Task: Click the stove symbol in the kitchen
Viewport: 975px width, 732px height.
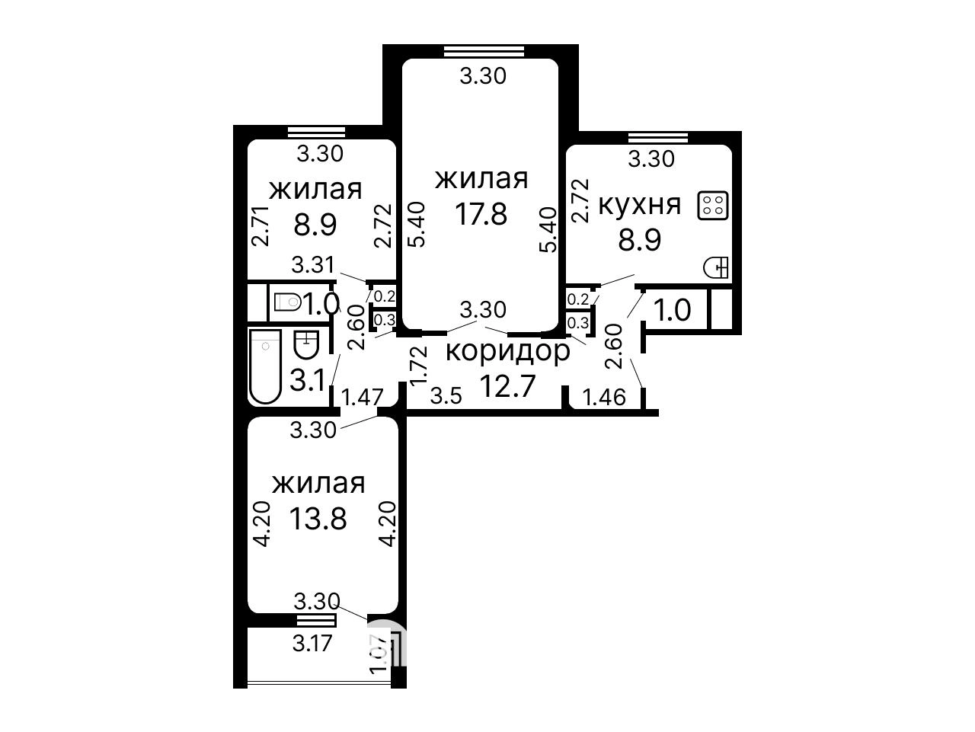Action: pyautogui.click(x=713, y=205)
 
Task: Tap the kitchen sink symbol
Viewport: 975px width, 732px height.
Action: pyautogui.click(x=716, y=268)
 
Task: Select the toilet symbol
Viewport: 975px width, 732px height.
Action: pyautogui.click(x=288, y=302)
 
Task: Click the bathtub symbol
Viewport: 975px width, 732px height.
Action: pyautogui.click(x=265, y=366)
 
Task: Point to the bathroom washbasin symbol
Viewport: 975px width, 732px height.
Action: pyautogui.click(x=306, y=344)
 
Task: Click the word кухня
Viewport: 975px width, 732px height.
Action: pyautogui.click(x=640, y=206)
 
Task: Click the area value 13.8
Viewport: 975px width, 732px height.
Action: pyautogui.click(x=318, y=519)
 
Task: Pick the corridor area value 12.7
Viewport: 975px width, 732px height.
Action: pyautogui.click(x=508, y=385)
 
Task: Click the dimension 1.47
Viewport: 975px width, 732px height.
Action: pyautogui.click(x=362, y=397)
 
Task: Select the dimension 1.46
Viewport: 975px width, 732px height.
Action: pyautogui.click(x=604, y=397)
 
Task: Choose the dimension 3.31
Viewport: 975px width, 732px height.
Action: pyautogui.click(x=312, y=265)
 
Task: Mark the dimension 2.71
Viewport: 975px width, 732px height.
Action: pyautogui.click(x=260, y=226)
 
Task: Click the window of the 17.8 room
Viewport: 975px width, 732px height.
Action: pyautogui.click(x=484, y=52)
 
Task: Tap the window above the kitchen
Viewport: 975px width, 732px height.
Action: pyautogui.click(x=658, y=137)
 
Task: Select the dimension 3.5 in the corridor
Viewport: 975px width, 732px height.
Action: pyautogui.click(x=446, y=396)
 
